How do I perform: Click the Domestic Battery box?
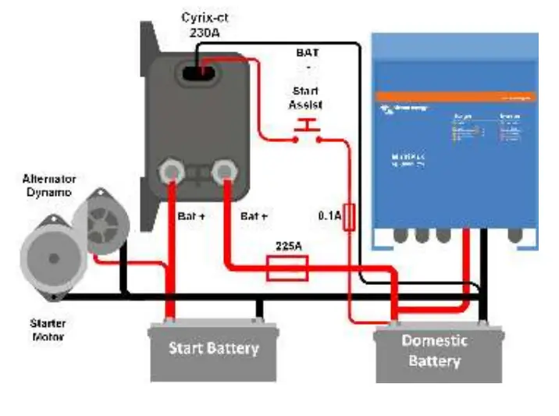(434, 350)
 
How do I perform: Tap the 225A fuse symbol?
(287, 270)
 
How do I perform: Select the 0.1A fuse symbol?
(350, 217)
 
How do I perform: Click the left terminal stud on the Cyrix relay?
(171, 170)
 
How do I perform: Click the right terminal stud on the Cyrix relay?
(226, 170)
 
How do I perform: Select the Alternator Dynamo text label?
(48, 185)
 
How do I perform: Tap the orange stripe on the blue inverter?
(454, 97)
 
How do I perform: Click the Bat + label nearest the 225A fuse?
(255, 215)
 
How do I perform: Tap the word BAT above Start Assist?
(307, 52)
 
